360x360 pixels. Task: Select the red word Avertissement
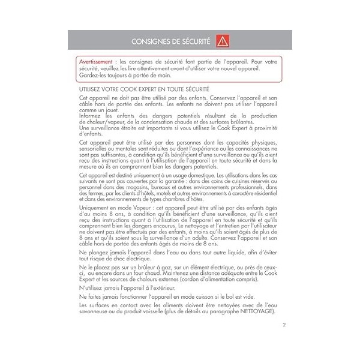pyautogui.click(x=98, y=62)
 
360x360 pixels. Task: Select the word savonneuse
pyautogui.click(x=94, y=313)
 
